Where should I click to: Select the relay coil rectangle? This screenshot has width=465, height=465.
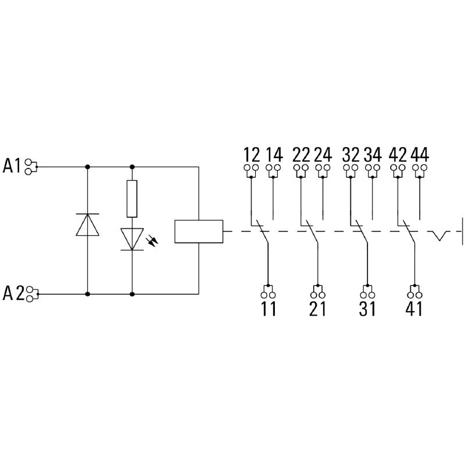(199, 231)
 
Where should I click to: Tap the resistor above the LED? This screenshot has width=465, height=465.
(133, 199)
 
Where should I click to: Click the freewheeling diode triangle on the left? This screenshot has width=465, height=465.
(88, 224)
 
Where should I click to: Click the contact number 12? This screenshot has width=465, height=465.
(251, 155)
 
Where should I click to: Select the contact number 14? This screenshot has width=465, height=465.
(274, 155)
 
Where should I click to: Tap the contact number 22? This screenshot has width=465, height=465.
(301, 155)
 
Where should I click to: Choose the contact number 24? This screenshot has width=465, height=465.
(323, 155)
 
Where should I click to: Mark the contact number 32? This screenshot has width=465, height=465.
(350, 155)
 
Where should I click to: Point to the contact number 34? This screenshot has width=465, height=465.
(373, 155)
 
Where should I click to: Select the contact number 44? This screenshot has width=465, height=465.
(420, 155)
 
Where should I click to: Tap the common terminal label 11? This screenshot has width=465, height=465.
(268, 309)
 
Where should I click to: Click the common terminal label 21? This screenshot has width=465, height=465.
(317, 309)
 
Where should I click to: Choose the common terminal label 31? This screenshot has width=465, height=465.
(367, 309)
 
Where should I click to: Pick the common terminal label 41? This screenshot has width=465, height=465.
(414, 309)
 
